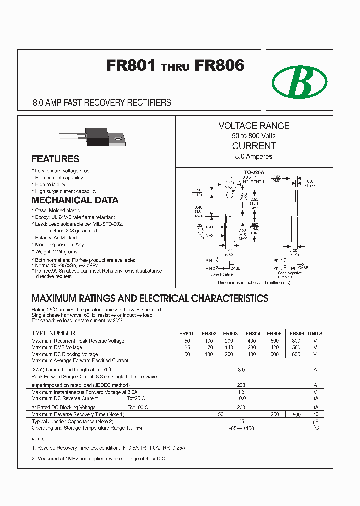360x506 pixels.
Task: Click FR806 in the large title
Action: tap(220, 66)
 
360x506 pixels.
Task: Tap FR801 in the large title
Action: tap(131, 66)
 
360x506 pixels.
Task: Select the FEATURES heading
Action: tap(55, 159)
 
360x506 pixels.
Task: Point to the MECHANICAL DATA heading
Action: tap(75, 200)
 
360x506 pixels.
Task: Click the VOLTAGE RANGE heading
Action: tap(254, 126)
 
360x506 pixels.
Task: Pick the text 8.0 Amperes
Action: tap(254, 156)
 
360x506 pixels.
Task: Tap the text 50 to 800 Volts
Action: tap(254, 136)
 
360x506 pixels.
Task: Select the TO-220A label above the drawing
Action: tap(254, 172)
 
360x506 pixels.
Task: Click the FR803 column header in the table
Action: tap(230, 333)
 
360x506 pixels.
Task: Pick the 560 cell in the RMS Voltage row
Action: tap(296, 347)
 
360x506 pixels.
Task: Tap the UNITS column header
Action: tap(315, 333)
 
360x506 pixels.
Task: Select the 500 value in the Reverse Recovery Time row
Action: tap(296, 415)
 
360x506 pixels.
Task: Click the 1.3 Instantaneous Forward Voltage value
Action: tap(241, 392)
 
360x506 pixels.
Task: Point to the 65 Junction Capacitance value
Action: tap(241, 421)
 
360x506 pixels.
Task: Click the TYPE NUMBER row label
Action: tap(53, 333)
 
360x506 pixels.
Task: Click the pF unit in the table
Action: tap(315, 421)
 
